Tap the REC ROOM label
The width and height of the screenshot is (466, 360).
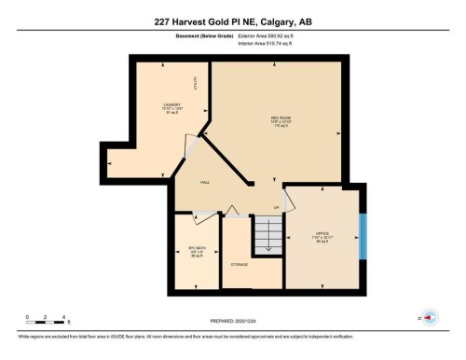click(277, 118)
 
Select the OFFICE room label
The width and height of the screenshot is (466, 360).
click(322, 233)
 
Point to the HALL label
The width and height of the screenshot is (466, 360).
click(205, 183)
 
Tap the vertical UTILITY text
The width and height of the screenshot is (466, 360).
click(196, 82)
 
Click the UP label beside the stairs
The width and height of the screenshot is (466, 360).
click(277, 206)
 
